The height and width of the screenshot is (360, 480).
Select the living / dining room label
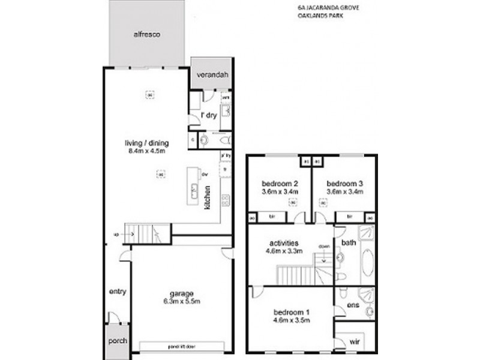point(146,143)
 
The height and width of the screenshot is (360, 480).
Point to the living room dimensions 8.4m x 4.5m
point(146,151)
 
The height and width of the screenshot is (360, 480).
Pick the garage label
point(181,293)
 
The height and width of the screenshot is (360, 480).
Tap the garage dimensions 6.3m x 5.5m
point(181,301)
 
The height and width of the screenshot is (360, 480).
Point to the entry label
point(118,292)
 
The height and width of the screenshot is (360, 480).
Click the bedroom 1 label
point(292,312)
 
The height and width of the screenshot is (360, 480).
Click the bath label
point(349,242)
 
